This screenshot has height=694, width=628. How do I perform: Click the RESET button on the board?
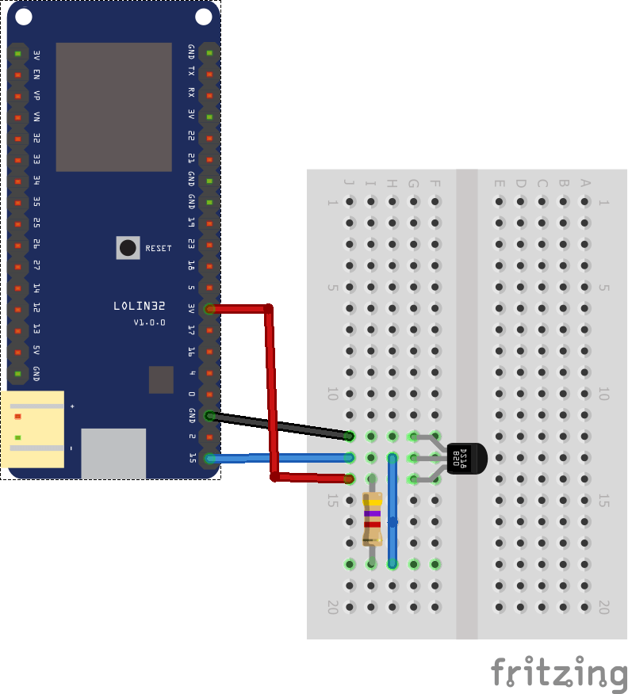point(128,247)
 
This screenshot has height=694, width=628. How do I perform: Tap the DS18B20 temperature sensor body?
point(463,458)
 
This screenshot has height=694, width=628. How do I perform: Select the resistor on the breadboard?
point(372,519)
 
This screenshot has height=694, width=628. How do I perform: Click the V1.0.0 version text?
point(149,322)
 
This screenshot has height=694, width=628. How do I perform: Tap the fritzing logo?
point(558,673)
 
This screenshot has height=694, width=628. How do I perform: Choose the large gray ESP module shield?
point(113,107)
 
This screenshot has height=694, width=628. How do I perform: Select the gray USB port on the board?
point(113,453)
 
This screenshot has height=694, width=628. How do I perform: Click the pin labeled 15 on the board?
point(209,458)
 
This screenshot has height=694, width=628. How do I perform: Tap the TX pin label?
point(191,73)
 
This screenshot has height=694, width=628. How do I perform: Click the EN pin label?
point(36,74)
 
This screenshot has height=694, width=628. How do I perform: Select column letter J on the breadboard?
point(350,184)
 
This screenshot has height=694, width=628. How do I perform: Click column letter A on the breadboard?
point(585,184)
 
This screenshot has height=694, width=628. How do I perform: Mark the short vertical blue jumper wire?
point(392,511)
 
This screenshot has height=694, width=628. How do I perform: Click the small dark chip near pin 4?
point(161,379)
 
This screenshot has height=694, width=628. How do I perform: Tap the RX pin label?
point(191,93)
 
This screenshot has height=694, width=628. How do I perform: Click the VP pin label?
point(36,95)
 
